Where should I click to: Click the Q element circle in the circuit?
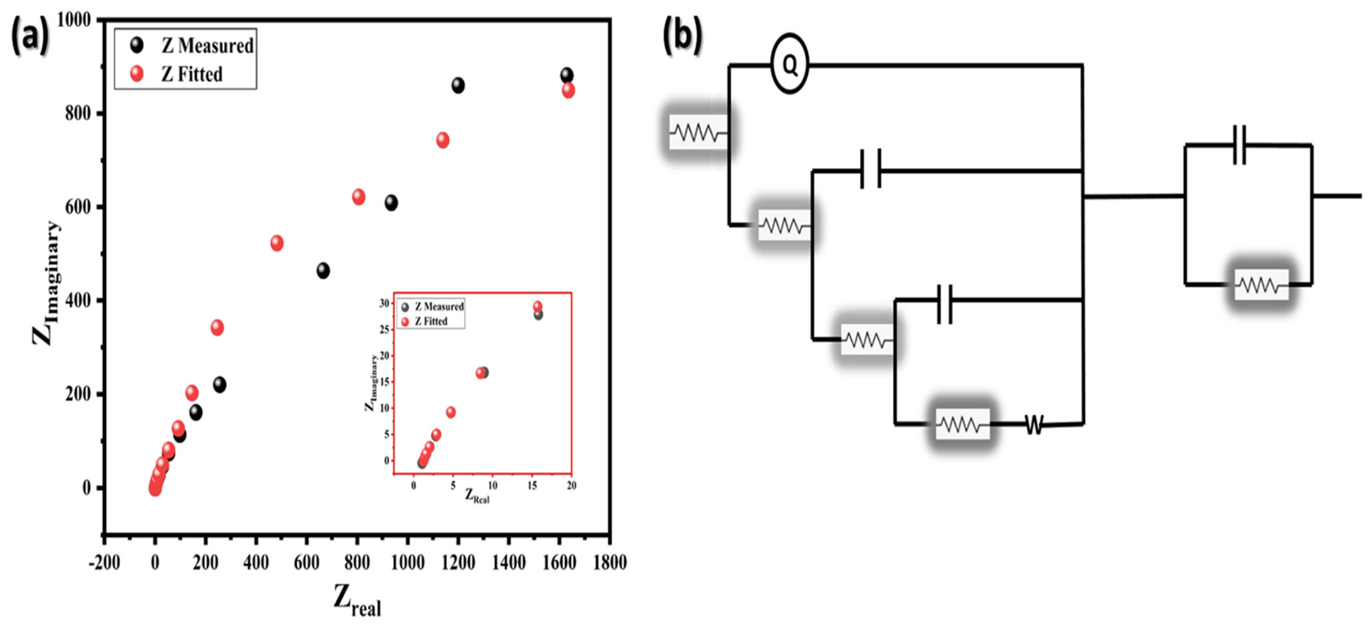click(x=790, y=65)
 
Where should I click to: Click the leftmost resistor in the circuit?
click(x=697, y=132)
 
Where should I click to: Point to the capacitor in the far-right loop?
click(x=1239, y=145)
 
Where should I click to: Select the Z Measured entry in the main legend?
click(x=192, y=46)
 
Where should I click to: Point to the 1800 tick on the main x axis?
click(x=610, y=562)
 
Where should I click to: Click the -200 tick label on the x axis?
click(x=104, y=562)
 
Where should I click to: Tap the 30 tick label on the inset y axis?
click(x=384, y=303)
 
